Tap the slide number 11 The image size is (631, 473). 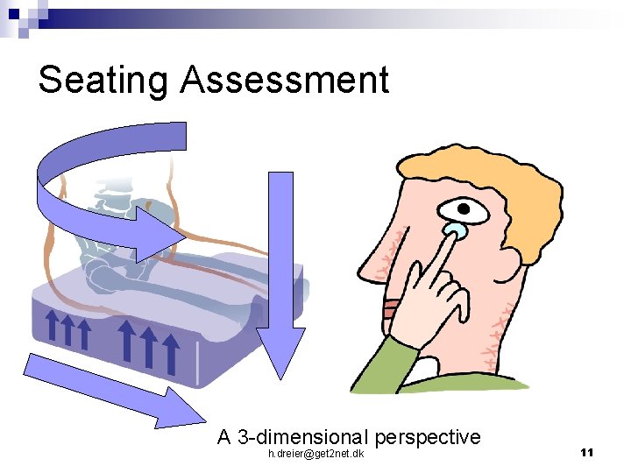coord(587,452)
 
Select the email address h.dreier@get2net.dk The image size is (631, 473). coord(316,453)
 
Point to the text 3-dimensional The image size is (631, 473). coord(303,436)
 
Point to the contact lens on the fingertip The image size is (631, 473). coord(454,232)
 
